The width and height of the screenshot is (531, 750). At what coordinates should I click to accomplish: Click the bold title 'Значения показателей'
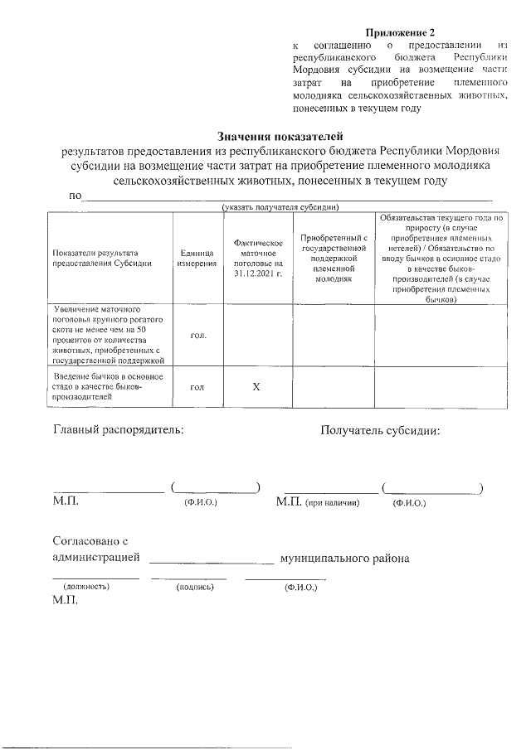tap(280, 136)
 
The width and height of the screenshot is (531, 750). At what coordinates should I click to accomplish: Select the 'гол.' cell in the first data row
tap(197, 335)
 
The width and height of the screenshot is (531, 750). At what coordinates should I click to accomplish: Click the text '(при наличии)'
tap(332, 503)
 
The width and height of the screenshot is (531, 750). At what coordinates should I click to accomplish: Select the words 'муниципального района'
tap(344, 559)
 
